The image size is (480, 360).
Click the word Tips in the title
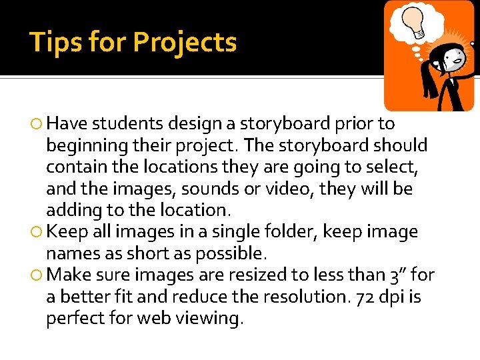[56, 42]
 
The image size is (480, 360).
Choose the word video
[288, 189]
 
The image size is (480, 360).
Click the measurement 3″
[397, 275]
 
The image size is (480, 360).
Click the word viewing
[207, 319]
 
